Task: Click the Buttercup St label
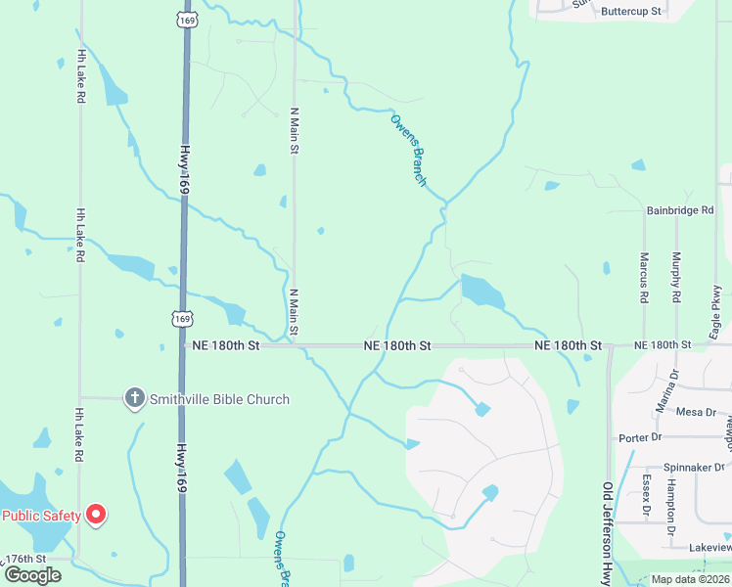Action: pyautogui.click(x=631, y=12)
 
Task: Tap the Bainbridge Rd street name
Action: pyautogui.click(x=680, y=210)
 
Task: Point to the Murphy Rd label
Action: pyautogui.click(x=676, y=277)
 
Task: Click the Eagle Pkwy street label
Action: pyautogui.click(x=715, y=305)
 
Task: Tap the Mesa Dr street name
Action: pyautogui.click(x=696, y=412)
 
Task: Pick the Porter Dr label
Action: pyautogui.click(x=640, y=437)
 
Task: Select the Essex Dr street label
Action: pyautogui.click(x=647, y=495)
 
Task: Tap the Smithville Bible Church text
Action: pyautogui.click(x=219, y=399)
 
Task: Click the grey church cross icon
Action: pyautogui.click(x=134, y=398)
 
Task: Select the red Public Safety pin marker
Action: pyautogui.click(x=96, y=514)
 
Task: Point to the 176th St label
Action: pyautogui.click(x=25, y=559)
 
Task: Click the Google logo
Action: pyautogui.click(x=32, y=574)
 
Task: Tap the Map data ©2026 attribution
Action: pyautogui.click(x=690, y=579)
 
